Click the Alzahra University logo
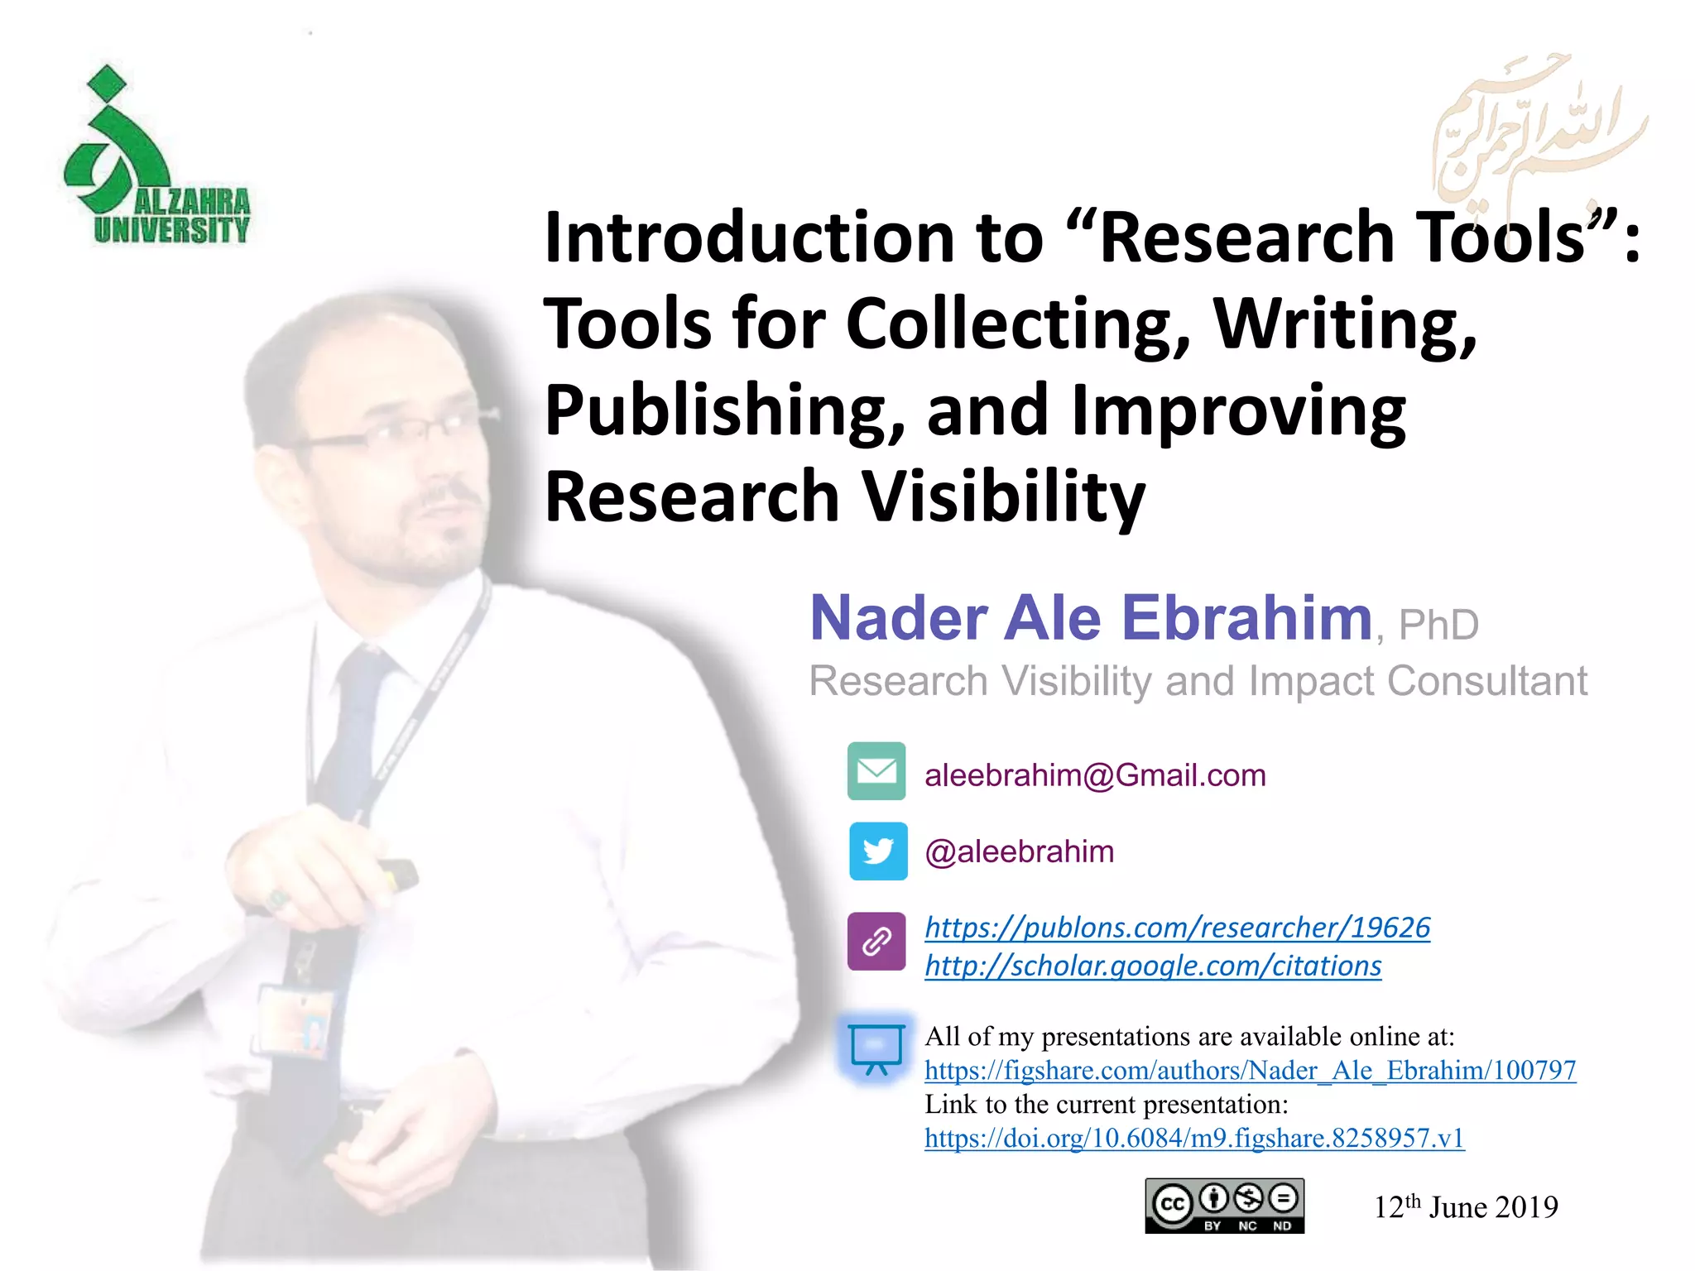[x=156, y=157]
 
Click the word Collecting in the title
[x=1018, y=324]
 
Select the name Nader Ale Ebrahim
[x=1091, y=618]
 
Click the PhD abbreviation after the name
[x=1438, y=626]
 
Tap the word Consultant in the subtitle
[x=1486, y=682]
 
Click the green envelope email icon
[x=876, y=771]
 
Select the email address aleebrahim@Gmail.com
[x=1095, y=775]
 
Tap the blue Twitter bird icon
[x=877, y=851]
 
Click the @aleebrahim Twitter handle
[x=1019, y=851]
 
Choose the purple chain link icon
[x=876, y=941]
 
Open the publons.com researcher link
[x=1177, y=928]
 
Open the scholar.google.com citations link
[x=1153, y=966]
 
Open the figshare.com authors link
[x=1250, y=1071]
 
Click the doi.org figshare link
[x=1194, y=1139]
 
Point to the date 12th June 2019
[x=1466, y=1207]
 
